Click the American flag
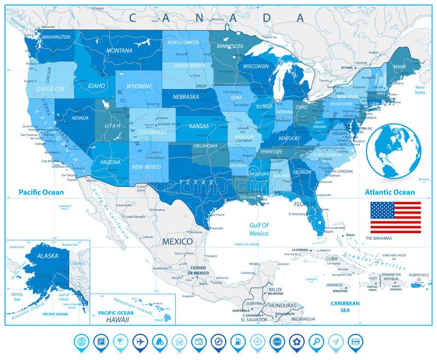click(x=395, y=217)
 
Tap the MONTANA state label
click(x=119, y=51)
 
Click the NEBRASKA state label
click(x=186, y=97)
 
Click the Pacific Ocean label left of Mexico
click(x=41, y=192)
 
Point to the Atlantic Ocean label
click(x=390, y=192)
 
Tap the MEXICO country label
click(x=177, y=241)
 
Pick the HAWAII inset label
click(x=118, y=318)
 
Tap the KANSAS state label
click(x=199, y=126)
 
